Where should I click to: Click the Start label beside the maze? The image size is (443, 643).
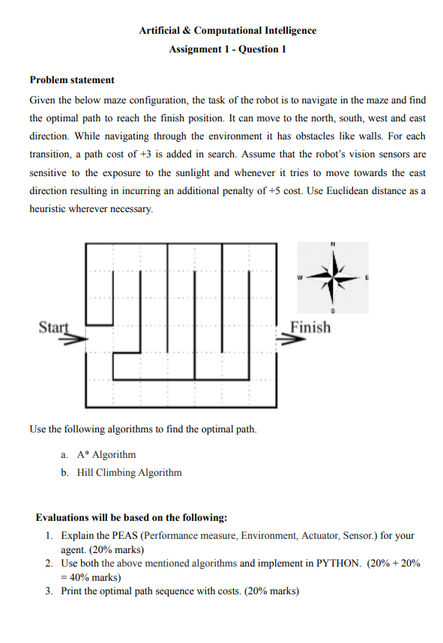[x=52, y=327]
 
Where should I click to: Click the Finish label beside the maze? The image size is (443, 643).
[x=310, y=327]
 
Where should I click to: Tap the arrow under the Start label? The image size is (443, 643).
[x=71, y=339]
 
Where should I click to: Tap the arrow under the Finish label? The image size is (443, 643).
[x=292, y=339]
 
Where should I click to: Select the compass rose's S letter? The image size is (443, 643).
[x=332, y=310]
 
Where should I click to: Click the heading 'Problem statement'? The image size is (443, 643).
[x=72, y=79]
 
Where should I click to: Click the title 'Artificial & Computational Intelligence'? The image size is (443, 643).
[x=227, y=31]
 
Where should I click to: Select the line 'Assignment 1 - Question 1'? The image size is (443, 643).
[x=227, y=49]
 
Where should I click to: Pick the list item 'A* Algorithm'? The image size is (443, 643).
[x=106, y=455]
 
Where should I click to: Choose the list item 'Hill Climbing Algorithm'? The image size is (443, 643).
[x=129, y=473]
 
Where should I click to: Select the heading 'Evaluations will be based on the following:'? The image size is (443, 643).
[x=131, y=518]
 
